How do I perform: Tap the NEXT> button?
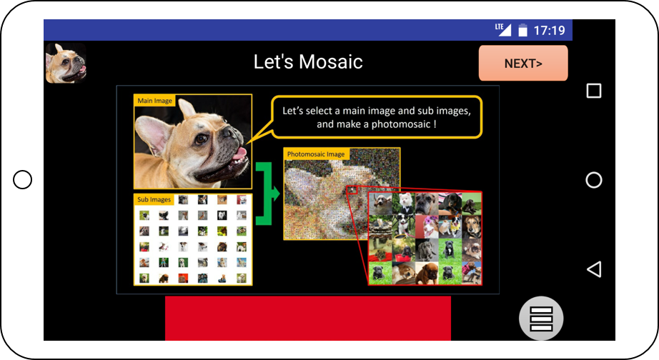[522, 63]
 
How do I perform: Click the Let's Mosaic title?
[308, 61]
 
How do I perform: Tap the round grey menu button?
[541, 318]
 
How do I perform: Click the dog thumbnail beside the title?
[66, 63]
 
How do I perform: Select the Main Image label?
[154, 101]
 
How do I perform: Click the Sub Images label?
[154, 199]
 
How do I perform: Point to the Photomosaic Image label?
[316, 154]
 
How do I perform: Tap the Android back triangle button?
[594, 269]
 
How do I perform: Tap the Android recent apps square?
[594, 91]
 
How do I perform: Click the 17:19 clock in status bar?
[549, 30]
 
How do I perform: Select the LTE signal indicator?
[502, 29]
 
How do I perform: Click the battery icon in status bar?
[522, 30]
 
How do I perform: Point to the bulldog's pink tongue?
[239, 154]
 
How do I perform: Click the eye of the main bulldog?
[202, 139]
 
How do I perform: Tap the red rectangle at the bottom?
[308, 318]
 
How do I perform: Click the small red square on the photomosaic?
[352, 190]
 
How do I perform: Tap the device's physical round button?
[23, 180]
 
